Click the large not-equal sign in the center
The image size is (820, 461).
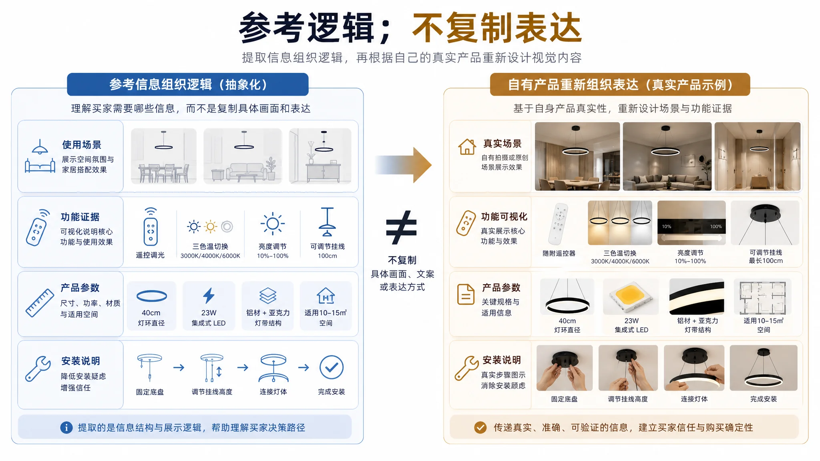(x=402, y=227)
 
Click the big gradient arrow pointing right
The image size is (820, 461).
(x=403, y=165)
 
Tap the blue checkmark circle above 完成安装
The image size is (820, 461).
(x=332, y=367)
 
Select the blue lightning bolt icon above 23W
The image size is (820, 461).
(x=209, y=296)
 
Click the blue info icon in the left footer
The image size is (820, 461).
(x=66, y=427)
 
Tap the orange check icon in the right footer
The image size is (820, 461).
(x=480, y=427)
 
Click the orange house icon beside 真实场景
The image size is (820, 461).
(x=467, y=147)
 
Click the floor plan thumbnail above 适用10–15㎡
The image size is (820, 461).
(x=762, y=297)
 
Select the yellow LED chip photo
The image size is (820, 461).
(x=631, y=297)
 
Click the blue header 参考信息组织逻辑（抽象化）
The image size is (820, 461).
(x=188, y=84)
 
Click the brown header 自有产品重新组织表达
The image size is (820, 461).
(x=620, y=84)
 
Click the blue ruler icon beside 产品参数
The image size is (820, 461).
(x=40, y=303)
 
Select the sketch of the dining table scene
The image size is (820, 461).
(x=164, y=156)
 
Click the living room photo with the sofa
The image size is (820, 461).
(x=667, y=156)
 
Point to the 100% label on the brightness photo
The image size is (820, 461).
(x=716, y=226)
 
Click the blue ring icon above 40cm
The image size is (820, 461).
(x=152, y=296)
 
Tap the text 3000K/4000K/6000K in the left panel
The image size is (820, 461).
(x=210, y=256)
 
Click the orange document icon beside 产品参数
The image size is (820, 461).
(x=466, y=294)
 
